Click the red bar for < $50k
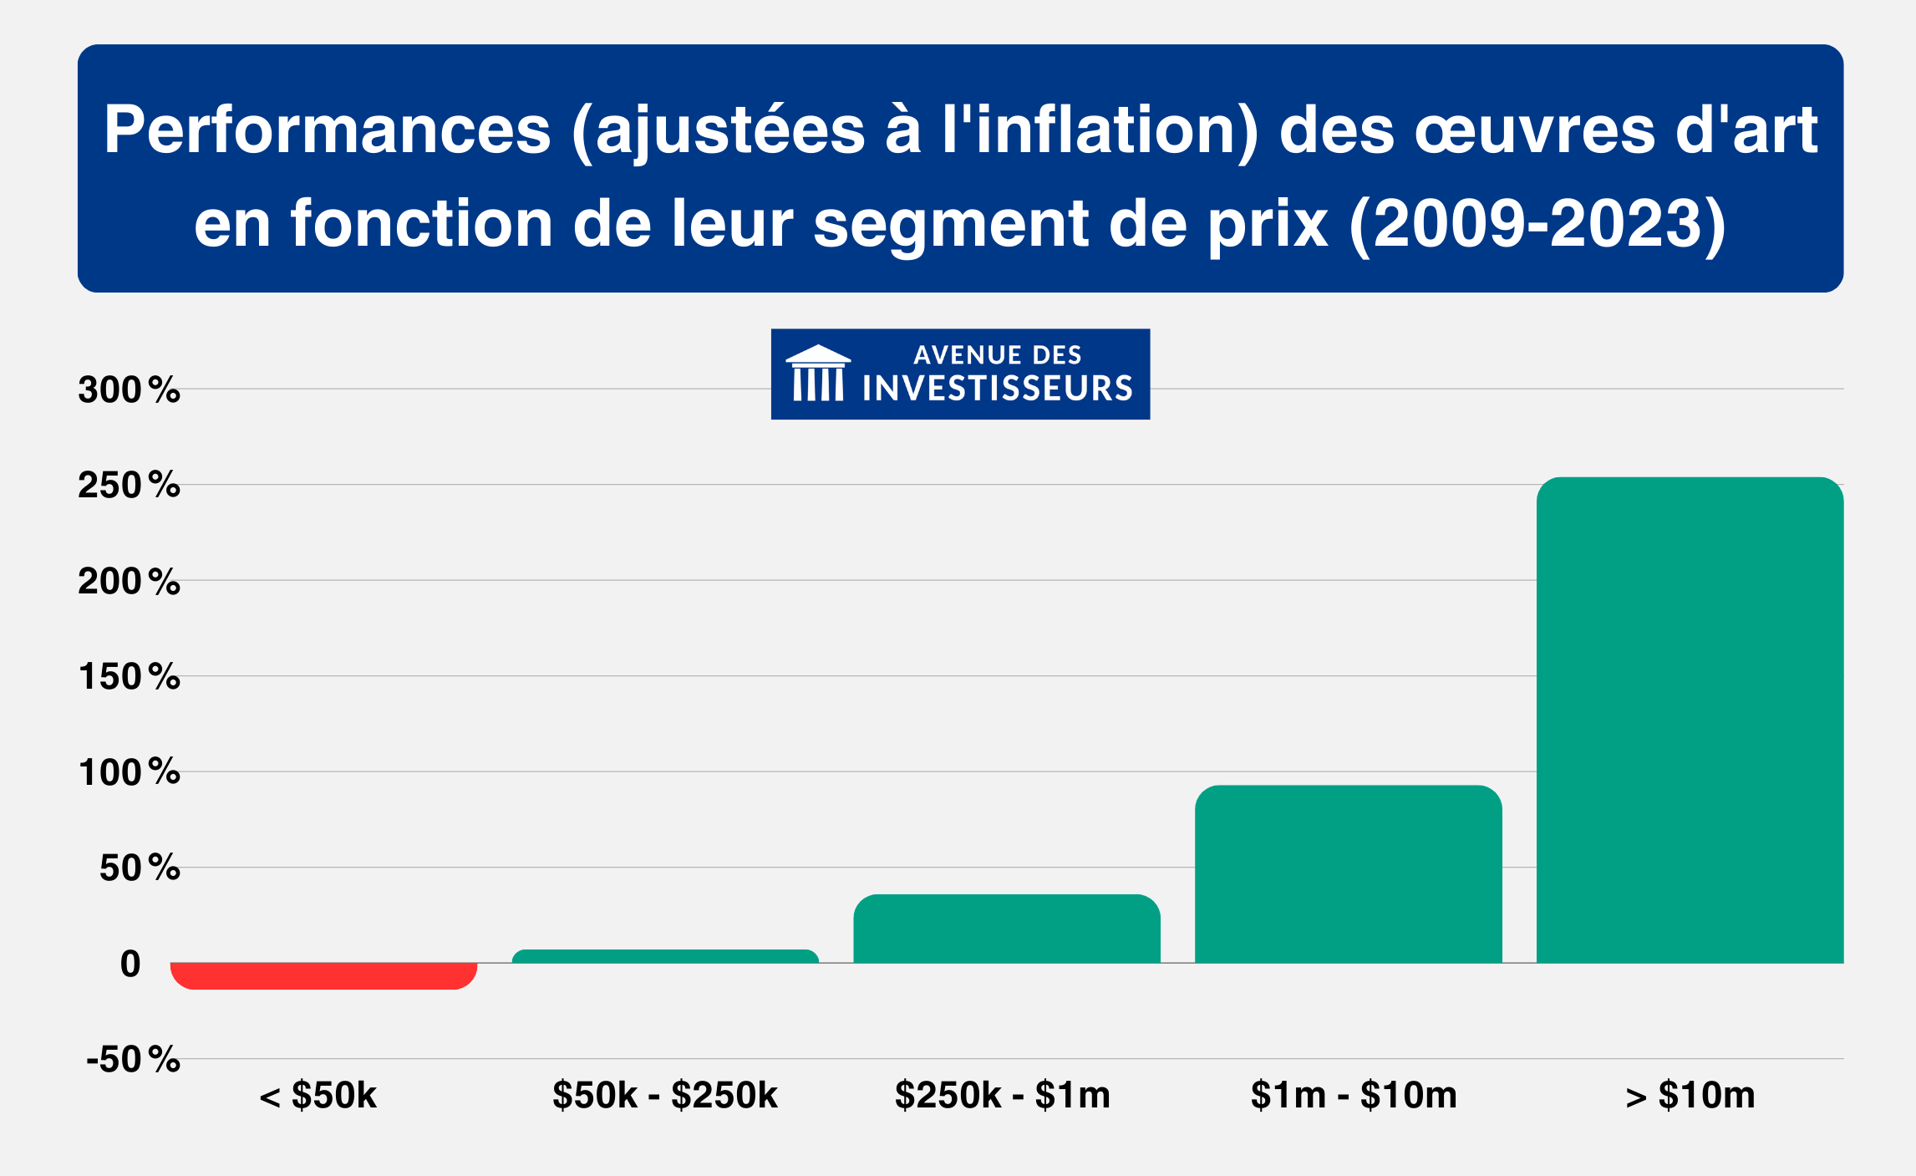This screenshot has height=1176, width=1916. point(323,975)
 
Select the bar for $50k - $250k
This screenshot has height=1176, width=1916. point(665,956)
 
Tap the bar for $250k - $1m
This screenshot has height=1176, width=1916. point(1007,929)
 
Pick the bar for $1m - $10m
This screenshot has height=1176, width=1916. point(1348,874)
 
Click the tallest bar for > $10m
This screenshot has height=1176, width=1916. point(1690,720)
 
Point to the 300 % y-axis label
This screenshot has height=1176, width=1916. point(129,389)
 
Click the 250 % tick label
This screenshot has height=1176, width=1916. point(129,486)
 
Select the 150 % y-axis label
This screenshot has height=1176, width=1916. point(129,677)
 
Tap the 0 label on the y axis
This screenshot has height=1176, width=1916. point(130,964)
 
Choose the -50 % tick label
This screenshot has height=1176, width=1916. point(133,1060)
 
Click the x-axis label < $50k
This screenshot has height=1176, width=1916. point(318,1095)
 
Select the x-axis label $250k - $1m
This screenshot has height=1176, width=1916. point(1002,1095)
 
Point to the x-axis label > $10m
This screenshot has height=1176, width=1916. point(1690,1095)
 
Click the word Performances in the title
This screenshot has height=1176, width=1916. point(327,131)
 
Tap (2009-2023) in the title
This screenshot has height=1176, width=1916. point(1537,224)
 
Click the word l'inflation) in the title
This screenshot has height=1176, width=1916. point(1100,131)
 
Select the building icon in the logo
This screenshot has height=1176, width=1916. point(818,374)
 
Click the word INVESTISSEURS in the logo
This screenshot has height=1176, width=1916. point(997,389)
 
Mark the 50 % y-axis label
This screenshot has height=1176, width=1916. point(139,868)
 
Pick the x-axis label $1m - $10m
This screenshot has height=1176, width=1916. point(1354,1095)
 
